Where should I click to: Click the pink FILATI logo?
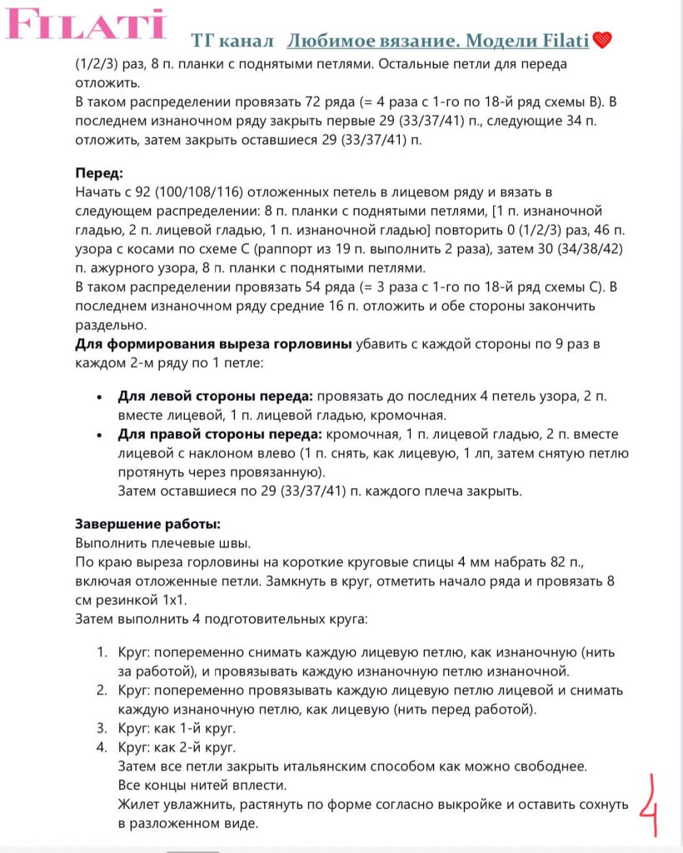pyautogui.click(x=86, y=25)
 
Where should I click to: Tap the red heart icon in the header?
pyautogui.click(x=603, y=40)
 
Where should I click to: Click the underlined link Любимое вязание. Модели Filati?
pyautogui.click(x=438, y=40)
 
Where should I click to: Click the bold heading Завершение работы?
pyautogui.click(x=147, y=524)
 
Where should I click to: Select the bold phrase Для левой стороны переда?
pyautogui.click(x=215, y=396)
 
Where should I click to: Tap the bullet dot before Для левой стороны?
pyautogui.click(x=100, y=397)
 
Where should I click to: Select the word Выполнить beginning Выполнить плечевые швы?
pyautogui.click(x=108, y=542)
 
